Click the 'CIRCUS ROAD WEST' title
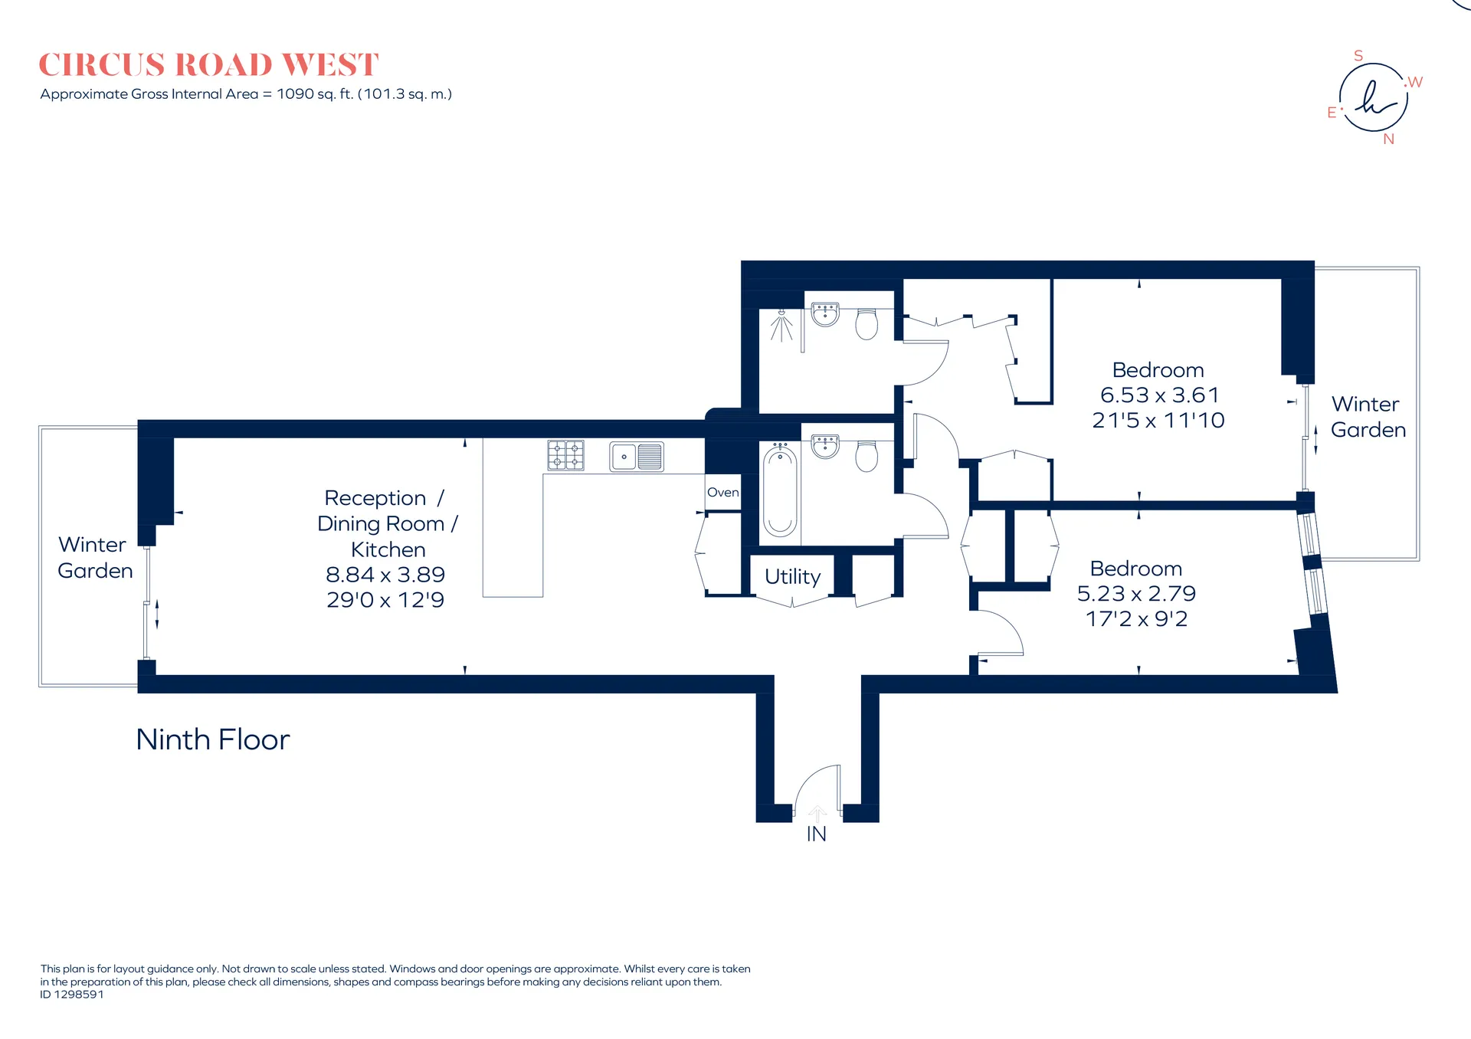coord(208,65)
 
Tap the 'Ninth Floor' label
coord(213,739)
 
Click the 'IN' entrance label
coord(817,834)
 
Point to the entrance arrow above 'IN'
coord(817,814)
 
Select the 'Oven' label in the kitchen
coord(723,493)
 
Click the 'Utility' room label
coord(793,576)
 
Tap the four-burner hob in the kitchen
coord(565,455)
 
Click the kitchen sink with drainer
coord(637,457)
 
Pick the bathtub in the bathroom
coord(780,490)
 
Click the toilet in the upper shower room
coord(867,324)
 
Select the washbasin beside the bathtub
coord(825,446)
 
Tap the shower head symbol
coord(781,326)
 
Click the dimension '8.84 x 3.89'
coord(385,575)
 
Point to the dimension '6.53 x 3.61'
coord(1159,395)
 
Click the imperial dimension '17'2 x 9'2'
coord(1137,619)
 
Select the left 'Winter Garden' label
coord(95,558)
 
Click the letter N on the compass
coord(1389,139)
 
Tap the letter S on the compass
coord(1358,56)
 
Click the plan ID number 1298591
coord(79,995)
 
